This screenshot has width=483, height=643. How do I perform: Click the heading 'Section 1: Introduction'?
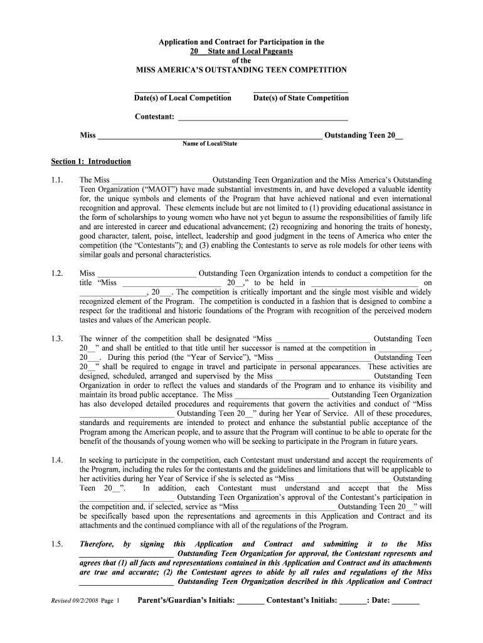click(91, 162)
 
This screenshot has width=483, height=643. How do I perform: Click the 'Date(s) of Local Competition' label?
click(182, 98)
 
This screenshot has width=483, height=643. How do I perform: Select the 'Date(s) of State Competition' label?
click(300, 98)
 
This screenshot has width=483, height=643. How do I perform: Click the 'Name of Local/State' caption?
click(210, 144)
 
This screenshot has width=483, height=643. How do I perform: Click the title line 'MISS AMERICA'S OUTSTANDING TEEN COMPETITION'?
click(242, 70)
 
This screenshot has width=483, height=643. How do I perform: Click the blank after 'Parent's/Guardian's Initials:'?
click(250, 602)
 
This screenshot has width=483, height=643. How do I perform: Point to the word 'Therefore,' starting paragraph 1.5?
click(97, 544)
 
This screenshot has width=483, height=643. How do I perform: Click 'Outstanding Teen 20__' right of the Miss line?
click(364, 135)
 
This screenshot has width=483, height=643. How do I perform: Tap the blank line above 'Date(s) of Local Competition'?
click(182, 90)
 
